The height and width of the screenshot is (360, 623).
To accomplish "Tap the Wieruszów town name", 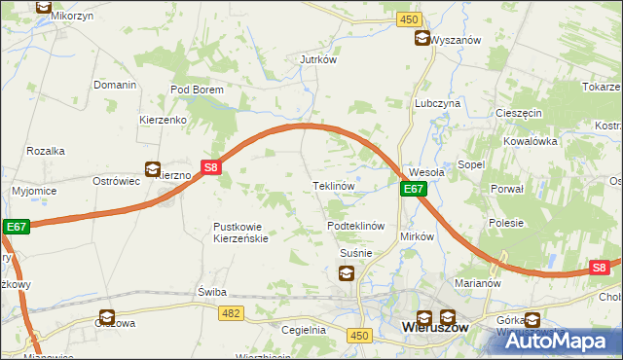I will [x=435, y=329].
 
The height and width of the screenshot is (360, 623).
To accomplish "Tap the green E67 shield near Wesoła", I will [x=413, y=190].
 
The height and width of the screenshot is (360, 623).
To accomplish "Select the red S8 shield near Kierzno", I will [x=212, y=167].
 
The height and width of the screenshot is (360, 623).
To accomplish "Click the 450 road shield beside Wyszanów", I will [x=409, y=19].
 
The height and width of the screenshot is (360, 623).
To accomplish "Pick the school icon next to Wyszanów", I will [x=421, y=39].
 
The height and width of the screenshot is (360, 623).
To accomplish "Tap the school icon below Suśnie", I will [x=347, y=273].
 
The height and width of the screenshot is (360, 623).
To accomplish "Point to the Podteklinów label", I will [x=357, y=225].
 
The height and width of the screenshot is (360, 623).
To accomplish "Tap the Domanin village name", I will [x=115, y=86].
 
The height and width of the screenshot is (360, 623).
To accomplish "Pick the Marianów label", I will [x=477, y=284].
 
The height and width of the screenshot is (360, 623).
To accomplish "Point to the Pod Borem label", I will [x=197, y=90].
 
